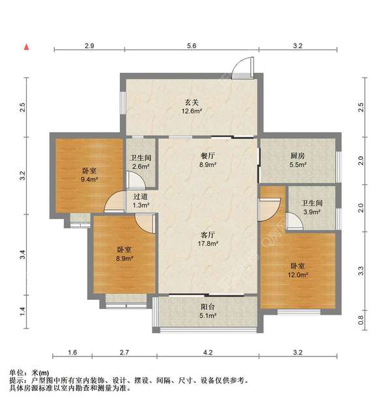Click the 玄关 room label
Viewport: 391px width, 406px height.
(192, 101)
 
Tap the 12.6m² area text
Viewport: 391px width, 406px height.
(192, 111)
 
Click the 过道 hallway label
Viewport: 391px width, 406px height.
(141, 196)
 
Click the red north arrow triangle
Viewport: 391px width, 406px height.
(27, 46)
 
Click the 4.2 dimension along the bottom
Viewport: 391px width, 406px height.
(208, 353)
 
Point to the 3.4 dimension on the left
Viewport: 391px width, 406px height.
(23, 256)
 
